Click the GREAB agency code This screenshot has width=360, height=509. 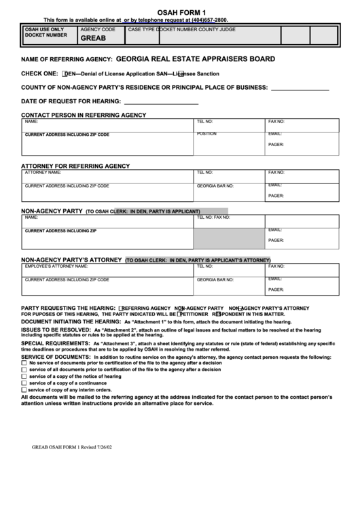tap(93, 39)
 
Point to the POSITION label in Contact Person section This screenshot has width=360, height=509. tap(206, 134)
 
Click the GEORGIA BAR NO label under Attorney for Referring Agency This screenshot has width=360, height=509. tap(215, 186)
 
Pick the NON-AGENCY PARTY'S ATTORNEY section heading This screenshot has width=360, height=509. tap(71, 260)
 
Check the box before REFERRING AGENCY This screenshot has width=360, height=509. tap(120, 308)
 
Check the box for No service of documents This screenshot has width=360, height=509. tap(24, 364)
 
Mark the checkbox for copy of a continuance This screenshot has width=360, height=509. tap(24, 384)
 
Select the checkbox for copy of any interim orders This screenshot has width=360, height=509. tap(24, 391)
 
